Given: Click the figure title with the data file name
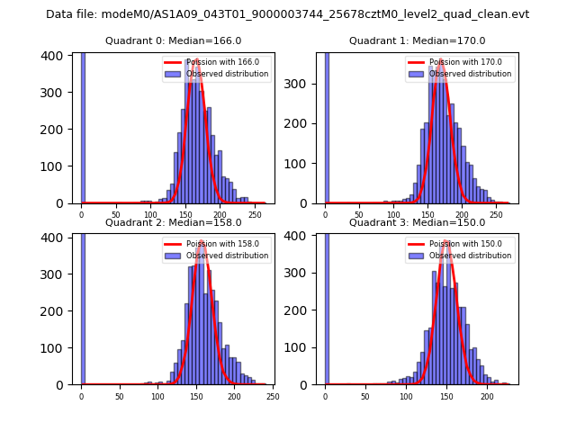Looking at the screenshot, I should (288, 14).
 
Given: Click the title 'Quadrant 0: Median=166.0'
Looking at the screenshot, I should (174, 40).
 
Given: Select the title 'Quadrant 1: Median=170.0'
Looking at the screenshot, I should (418, 40).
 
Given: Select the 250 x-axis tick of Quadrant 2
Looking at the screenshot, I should (273, 396).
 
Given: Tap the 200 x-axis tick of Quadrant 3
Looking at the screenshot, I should (487, 396).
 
